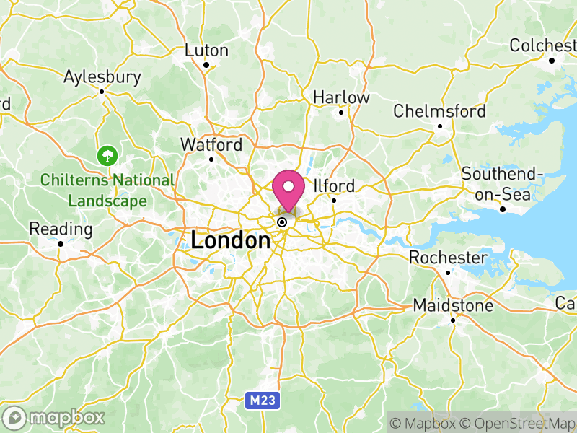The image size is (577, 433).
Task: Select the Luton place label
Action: click(x=206, y=51)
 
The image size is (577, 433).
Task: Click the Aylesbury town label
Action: click(x=102, y=76)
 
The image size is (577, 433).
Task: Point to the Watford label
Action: click(x=211, y=144)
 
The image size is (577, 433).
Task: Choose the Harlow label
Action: click(x=341, y=97)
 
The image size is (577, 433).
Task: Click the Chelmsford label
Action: click(x=439, y=111)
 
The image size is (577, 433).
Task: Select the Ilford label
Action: click(x=334, y=186)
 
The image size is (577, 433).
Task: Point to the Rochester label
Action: click(x=448, y=258)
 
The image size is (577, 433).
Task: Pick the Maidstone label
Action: click(x=453, y=306)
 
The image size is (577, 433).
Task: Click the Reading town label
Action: click(x=61, y=229)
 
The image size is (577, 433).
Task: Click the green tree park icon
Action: click(x=108, y=154)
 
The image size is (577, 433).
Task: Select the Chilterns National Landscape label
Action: click(x=107, y=191)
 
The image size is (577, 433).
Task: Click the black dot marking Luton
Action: click(x=206, y=65)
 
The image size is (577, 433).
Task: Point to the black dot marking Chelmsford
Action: click(x=439, y=126)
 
